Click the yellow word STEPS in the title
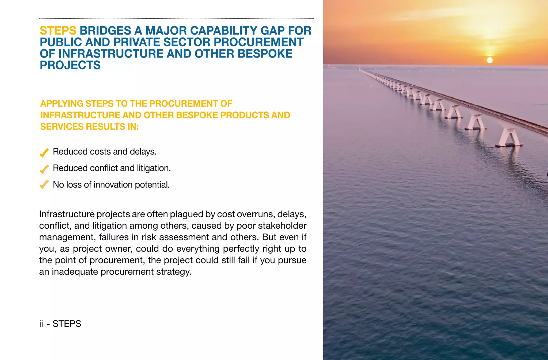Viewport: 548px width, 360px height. (58, 31)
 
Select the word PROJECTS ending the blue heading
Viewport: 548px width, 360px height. (70, 65)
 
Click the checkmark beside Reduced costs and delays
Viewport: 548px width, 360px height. (44, 153)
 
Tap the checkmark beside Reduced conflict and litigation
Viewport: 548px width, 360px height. (44, 169)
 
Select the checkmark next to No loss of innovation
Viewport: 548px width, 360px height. (44, 185)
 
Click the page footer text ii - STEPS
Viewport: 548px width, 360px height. (60, 324)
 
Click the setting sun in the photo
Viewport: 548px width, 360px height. (490, 60)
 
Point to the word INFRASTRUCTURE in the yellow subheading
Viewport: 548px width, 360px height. (80, 115)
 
